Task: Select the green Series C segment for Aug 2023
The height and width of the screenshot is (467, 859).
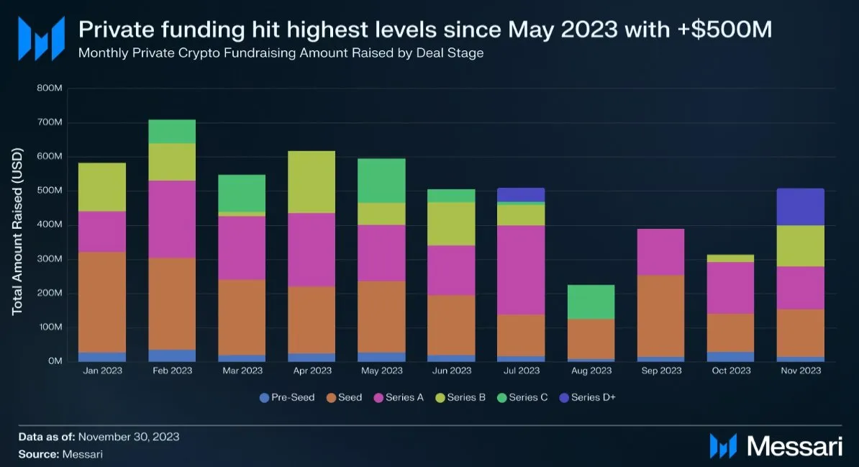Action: (591, 301)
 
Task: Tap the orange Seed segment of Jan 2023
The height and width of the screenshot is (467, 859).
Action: (102, 301)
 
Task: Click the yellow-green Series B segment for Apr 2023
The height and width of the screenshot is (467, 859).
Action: (312, 181)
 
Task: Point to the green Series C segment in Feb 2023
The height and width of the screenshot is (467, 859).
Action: (172, 131)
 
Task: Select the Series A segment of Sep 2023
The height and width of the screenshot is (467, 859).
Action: (660, 252)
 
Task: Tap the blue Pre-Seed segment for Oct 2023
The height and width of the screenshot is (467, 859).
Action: (730, 356)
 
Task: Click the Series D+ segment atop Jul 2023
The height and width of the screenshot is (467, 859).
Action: (522, 194)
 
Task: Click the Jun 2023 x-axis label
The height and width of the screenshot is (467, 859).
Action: (451, 371)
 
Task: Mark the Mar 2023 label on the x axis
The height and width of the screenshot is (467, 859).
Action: (242, 371)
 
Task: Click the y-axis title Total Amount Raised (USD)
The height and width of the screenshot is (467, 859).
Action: (18, 232)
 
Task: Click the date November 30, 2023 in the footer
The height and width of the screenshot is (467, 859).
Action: (129, 436)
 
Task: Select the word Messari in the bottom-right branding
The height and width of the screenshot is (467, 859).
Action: (794, 445)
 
